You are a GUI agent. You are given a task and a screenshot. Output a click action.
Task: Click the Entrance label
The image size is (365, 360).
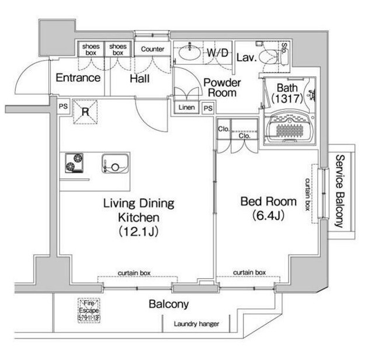tap(78, 77)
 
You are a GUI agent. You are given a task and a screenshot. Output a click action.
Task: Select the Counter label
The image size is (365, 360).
tap(152, 49)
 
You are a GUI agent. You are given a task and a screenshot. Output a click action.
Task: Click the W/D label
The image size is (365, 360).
tap(218, 53)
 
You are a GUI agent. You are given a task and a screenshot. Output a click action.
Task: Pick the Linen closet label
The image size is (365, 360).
tap(186, 108)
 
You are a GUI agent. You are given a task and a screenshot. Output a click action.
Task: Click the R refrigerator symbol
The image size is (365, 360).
tap(84, 112)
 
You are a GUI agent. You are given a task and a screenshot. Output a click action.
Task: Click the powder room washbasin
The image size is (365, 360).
tap(189, 53)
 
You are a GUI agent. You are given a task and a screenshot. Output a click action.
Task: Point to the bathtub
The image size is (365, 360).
tap(289, 126)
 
